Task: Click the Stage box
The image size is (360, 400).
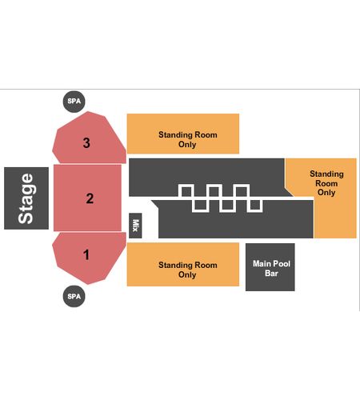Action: pyautogui.click(x=26, y=198)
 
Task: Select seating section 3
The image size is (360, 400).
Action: pyautogui.click(x=90, y=138)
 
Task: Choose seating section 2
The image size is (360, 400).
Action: pyautogui.click(x=87, y=198)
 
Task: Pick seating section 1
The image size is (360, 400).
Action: pyautogui.click(x=90, y=258)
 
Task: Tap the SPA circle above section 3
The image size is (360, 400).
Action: pyautogui.click(x=74, y=102)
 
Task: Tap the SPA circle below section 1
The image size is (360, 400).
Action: pyautogui.click(x=74, y=296)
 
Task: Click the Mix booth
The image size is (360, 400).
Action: pyautogui.click(x=135, y=226)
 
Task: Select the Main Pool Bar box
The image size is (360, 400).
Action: pyautogui.click(x=270, y=267)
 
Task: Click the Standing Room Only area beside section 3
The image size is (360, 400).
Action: pyautogui.click(x=183, y=134)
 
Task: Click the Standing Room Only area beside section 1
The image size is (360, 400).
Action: pyautogui.click(x=183, y=264)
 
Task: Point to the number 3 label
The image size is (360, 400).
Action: pyautogui.click(x=86, y=142)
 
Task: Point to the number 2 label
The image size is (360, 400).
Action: pyautogui.click(x=90, y=198)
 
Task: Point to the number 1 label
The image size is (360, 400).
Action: pyautogui.click(x=86, y=254)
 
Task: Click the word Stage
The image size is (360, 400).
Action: pyautogui.click(x=26, y=198)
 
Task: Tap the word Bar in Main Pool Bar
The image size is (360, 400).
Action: pyautogui.click(x=271, y=274)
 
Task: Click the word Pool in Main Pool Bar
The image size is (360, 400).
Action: pyautogui.click(x=281, y=264)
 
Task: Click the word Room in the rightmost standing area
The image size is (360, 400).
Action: pyautogui.click(x=326, y=183)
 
